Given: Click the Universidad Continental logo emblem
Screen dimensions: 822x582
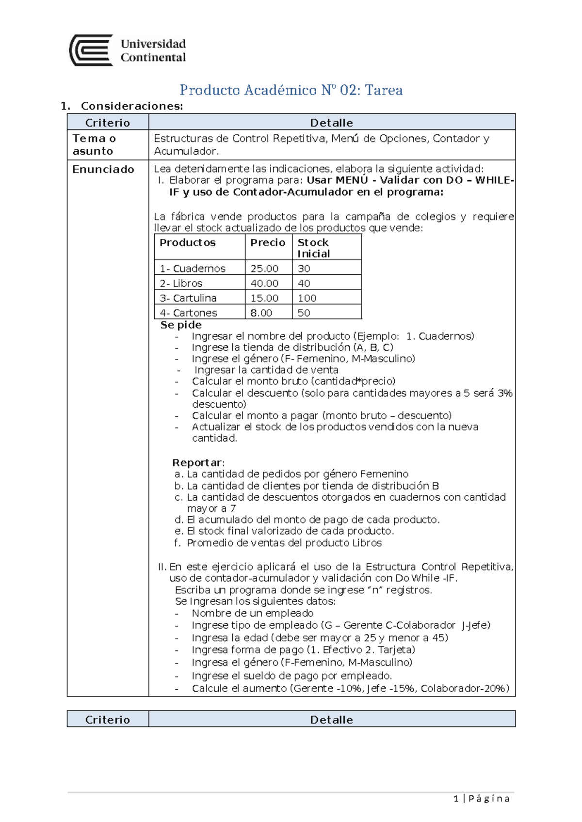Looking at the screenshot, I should (x=91, y=50).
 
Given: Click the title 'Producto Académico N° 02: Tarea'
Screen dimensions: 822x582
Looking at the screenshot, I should (x=291, y=90).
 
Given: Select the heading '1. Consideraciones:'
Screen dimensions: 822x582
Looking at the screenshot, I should (x=122, y=106).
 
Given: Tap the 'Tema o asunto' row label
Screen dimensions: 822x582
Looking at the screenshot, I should (x=94, y=144).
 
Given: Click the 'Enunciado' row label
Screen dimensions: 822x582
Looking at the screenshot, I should (x=103, y=170).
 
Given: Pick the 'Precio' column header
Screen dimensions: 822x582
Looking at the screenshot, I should (x=268, y=243).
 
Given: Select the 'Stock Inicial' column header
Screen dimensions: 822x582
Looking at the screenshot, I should (x=313, y=248).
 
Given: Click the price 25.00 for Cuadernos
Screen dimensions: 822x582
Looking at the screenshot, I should (x=264, y=269).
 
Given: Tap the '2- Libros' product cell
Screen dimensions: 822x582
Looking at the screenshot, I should (x=181, y=283).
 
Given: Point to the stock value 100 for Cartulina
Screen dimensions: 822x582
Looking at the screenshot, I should (x=307, y=298).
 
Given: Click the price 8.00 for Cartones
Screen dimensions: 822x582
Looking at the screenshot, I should (x=261, y=313).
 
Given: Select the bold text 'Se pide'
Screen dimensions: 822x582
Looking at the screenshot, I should (x=181, y=325).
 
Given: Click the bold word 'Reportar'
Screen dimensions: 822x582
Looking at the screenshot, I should (x=197, y=462).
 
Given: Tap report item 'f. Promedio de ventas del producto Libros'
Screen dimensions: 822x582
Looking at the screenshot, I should (x=278, y=543).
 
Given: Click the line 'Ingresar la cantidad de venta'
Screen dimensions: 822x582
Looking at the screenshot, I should (x=266, y=370).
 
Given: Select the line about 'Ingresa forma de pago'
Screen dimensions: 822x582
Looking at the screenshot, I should (x=303, y=650).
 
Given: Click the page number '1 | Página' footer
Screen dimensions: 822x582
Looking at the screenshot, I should (x=481, y=799).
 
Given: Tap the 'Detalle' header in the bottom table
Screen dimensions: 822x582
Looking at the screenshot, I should (x=331, y=720).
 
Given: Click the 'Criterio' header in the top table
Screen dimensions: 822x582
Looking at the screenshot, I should (x=108, y=123).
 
